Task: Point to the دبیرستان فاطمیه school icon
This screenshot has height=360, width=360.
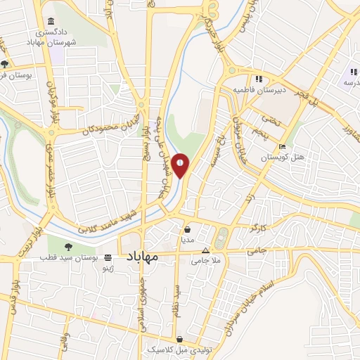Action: tap(259, 79)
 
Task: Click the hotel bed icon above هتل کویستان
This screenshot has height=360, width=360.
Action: tap(282, 148)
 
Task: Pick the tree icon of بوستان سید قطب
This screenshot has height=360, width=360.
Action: tap(69, 247)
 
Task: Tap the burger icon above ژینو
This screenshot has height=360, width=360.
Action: tap(107, 258)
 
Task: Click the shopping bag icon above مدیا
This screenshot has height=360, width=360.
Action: tap(187, 229)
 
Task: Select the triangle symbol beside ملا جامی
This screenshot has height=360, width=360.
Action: tap(205, 250)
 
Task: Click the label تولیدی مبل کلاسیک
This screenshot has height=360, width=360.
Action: tap(169, 349)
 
